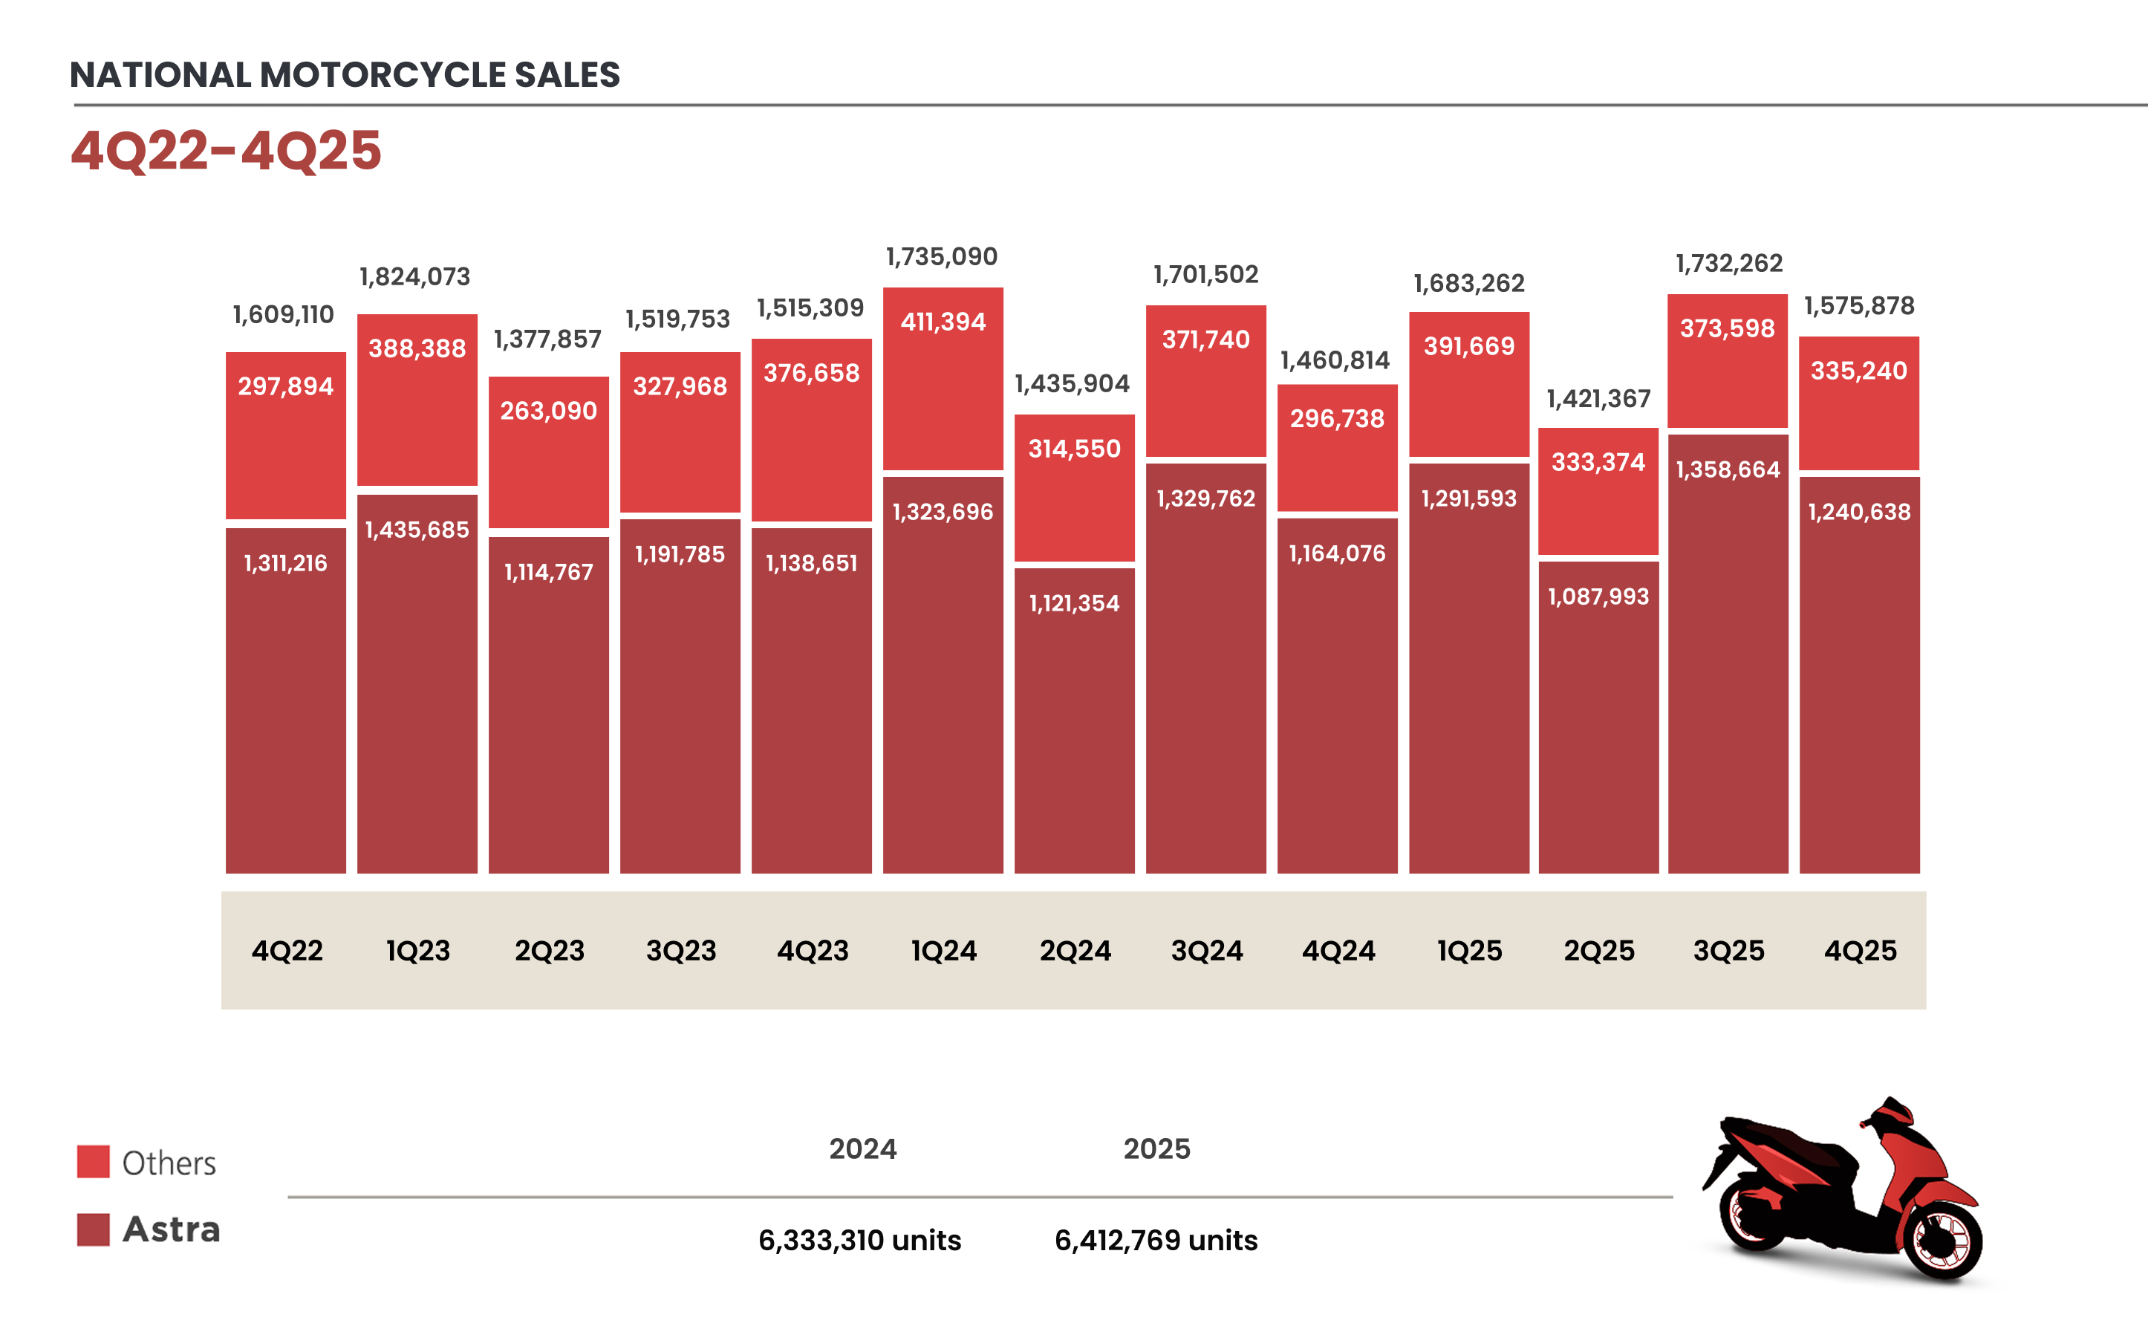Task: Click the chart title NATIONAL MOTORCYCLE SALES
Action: tap(345, 74)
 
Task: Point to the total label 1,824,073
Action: tap(414, 277)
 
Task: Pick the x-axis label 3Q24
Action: tap(1206, 951)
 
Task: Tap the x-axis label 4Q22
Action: tap(287, 951)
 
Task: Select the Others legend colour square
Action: tap(93, 1161)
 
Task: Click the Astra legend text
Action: tap(171, 1229)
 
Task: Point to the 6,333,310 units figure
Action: tap(859, 1240)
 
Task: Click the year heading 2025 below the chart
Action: tap(1156, 1149)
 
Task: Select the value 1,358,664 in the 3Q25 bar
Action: tap(1727, 470)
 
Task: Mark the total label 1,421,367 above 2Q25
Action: tap(1598, 399)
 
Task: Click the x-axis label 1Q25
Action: tap(1468, 951)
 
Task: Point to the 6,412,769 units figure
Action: tap(1156, 1240)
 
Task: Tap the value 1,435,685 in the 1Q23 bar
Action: tap(417, 530)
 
